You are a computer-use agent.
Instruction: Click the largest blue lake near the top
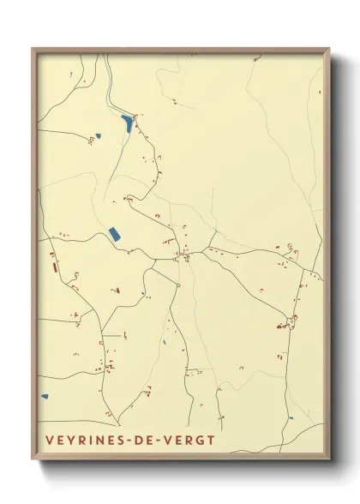coord(128,123)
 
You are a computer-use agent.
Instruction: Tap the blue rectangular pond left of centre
coord(113,233)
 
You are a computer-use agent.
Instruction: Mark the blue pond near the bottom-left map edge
coord(45,396)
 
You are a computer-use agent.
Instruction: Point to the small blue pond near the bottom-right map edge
coord(291,418)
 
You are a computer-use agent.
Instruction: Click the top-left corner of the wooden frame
coord(33,48)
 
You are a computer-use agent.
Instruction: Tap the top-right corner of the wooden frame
coord(329,49)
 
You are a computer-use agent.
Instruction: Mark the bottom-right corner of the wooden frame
coord(329,460)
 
